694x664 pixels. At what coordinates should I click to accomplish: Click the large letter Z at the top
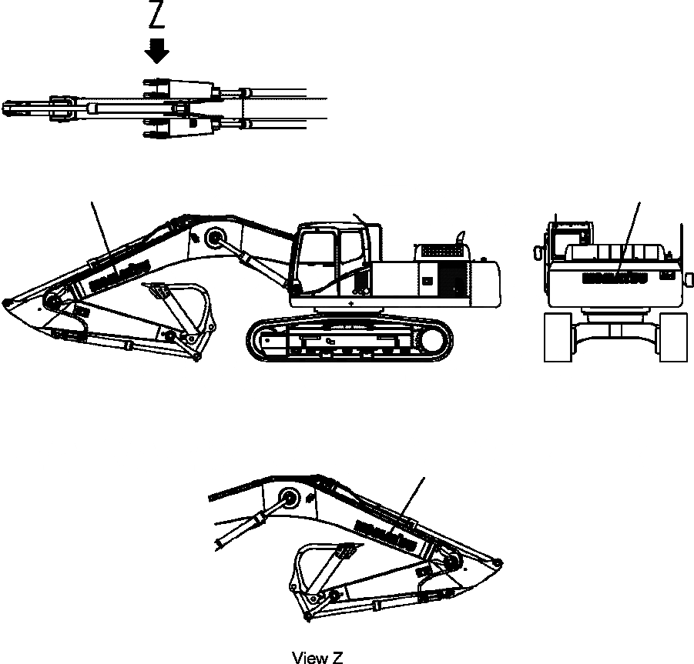point(158,18)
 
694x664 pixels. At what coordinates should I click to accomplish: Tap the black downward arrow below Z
point(159,52)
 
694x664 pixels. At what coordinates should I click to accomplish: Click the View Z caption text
point(317,656)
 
